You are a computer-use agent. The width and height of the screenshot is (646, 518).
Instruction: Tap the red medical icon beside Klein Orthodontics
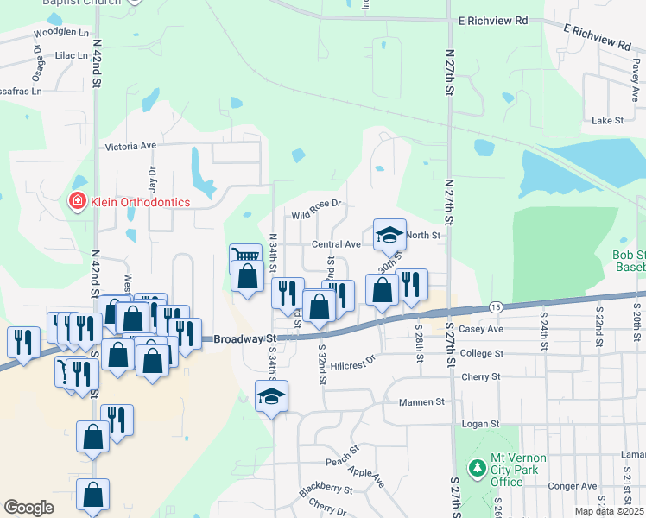(x=77, y=202)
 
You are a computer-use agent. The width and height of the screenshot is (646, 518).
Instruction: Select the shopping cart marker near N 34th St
(x=245, y=256)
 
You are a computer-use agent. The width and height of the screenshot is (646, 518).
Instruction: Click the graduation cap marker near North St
(x=389, y=233)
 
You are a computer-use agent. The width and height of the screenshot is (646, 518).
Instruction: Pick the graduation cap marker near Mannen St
(x=272, y=395)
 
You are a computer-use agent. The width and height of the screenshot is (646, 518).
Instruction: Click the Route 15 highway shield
(x=495, y=307)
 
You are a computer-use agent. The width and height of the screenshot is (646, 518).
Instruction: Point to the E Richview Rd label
(x=493, y=19)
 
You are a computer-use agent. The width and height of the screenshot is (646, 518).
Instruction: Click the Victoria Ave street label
(x=130, y=147)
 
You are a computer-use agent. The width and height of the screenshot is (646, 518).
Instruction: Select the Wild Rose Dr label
(x=317, y=208)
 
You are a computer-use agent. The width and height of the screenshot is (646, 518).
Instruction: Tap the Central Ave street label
(x=336, y=244)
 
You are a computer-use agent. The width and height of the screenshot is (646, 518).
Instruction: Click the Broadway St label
(x=244, y=339)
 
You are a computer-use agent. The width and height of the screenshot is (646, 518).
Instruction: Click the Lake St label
(x=607, y=121)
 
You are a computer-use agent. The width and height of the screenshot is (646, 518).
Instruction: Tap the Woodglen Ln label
(x=61, y=33)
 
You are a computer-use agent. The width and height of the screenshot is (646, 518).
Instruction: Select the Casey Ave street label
(x=482, y=329)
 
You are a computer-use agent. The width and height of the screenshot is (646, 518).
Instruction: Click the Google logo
(x=29, y=508)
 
